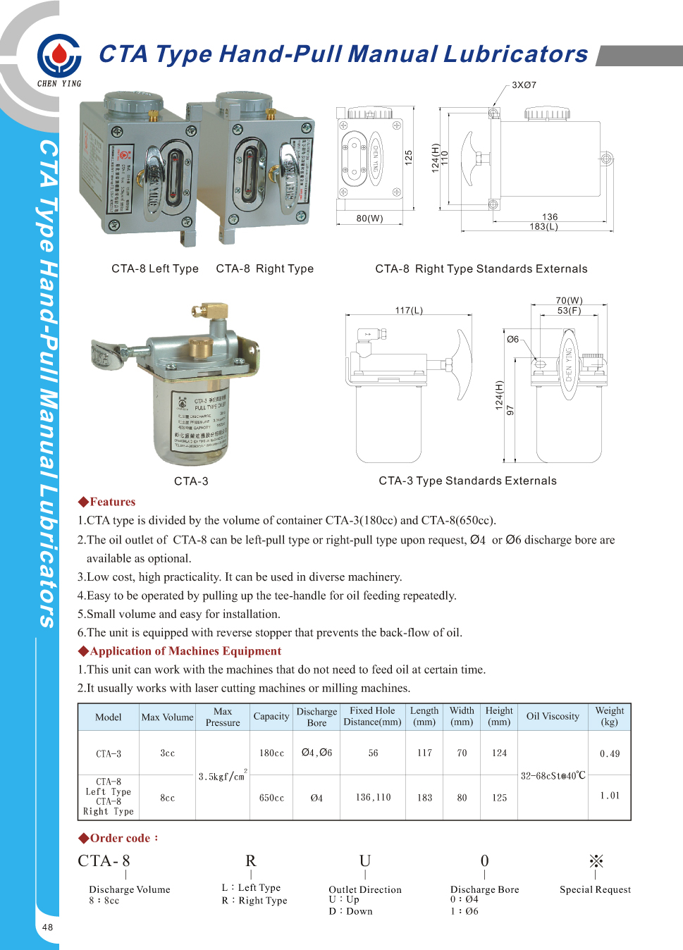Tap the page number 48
[x=47, y=927]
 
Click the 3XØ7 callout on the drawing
[x=524, y=85]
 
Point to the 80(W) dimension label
[x=369, y=218]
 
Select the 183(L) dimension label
[x=543, y=227]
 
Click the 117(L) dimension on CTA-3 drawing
[x=409, y=311]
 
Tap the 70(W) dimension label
[x=569, y=300]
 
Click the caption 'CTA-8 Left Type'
[x=155, y=269]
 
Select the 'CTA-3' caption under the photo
[x=191, y=481]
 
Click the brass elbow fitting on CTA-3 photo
[x=208, y=311]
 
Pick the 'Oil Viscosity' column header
[x=553, y=717]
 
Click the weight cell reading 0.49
[x=610, y=754]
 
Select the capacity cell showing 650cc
[x=271, y=798]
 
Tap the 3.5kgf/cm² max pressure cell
[x=222, y=776]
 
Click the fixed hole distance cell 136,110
[x=373, y=798]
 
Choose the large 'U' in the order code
[x=364, y=861]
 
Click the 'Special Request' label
[x=595, y=889]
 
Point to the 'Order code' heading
[x=119, y=838]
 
